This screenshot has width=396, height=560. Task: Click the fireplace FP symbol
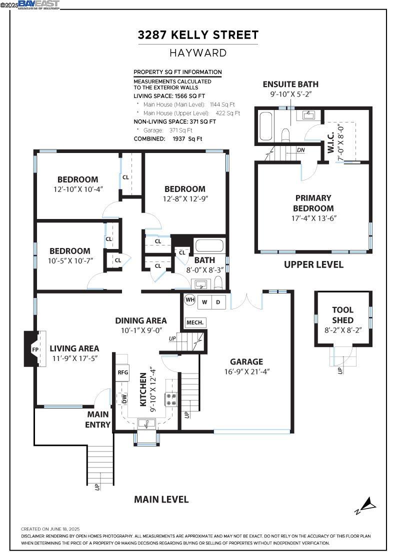point(35,349)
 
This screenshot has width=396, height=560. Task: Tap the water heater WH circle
point(189,299)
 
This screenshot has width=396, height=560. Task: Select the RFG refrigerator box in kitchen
point(122,372)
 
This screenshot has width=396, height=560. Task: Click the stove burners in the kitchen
point(170,399)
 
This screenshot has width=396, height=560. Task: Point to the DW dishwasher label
point(124,398)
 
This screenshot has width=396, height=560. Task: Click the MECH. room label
point(195,322)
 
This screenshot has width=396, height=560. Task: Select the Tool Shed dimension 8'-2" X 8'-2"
point(343,330)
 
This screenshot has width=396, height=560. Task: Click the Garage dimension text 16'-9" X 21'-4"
point(246,371)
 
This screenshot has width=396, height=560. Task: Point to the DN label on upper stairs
point(300,150)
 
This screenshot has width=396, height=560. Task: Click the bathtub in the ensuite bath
point(265,126)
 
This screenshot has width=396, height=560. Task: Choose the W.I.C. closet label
point(330,142)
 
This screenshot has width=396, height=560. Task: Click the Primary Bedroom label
point(313,203)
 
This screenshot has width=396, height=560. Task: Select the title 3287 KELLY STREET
point(198,35)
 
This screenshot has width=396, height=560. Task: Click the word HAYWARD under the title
point(198,53)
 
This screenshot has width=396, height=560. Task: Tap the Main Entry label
point(98,419)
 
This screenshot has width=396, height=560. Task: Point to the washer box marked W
point(204,302)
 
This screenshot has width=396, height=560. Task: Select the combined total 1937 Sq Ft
point(187,139)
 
